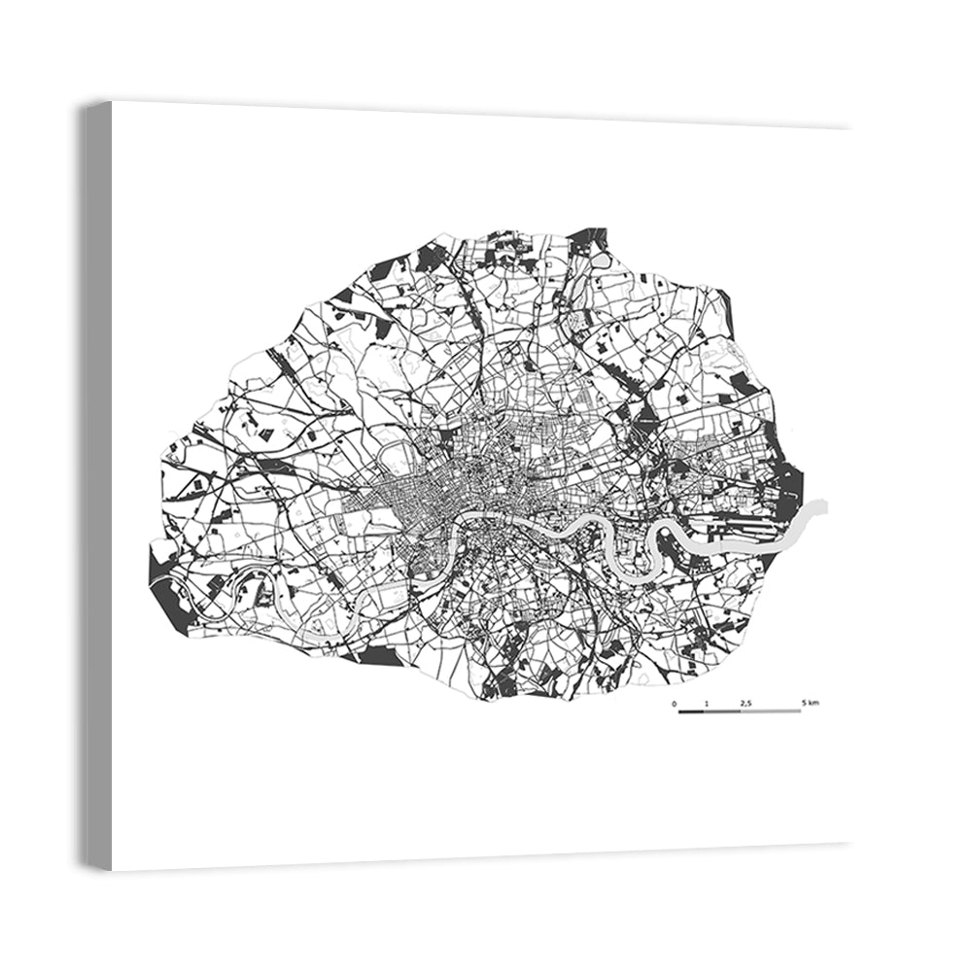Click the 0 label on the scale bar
click(x=674, y=702)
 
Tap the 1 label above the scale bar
click(x=707, y=702)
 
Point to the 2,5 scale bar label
click(x=746, y=702)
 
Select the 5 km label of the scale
click(x=810, y=702)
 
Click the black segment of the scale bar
click(x=691, y=712)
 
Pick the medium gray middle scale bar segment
click(x=722, y=712)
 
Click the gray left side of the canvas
click(x=96, y=486)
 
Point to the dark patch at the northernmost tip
click(x=587, y=237)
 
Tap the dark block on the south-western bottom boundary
click(x=379, y=657)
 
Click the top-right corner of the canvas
click(x=850, y=128)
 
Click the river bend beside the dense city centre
click(x=456, y=525)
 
